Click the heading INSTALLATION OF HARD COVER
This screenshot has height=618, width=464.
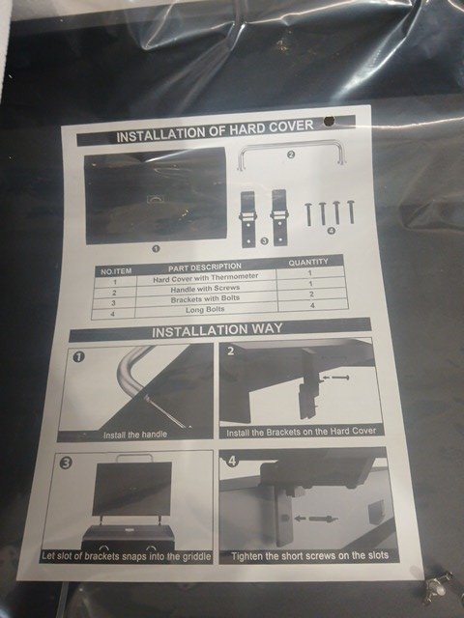[215, 130]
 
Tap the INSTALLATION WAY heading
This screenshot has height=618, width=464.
[217, 329]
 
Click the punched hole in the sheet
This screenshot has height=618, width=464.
[329, 122]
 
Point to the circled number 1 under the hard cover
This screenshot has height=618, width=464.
[156, 249]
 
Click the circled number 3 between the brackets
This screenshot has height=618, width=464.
[264, 240]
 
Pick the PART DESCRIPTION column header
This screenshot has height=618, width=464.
[205, 267]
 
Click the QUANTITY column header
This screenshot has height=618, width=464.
[308, 262]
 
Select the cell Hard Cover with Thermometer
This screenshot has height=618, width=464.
[206, 278]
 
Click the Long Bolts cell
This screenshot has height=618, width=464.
[205, 310]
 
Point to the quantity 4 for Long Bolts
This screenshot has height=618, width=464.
[312, 305]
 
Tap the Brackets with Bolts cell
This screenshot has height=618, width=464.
[205, 299]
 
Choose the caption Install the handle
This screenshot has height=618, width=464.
[135, 435]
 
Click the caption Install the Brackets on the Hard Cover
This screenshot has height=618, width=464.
[301, 432]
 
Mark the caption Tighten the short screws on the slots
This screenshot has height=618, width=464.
[309, 556]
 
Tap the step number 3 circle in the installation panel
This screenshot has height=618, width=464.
[66, 463]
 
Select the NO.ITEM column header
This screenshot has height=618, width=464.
[116, 271]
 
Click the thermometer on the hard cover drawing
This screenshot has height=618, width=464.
[154, 199]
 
